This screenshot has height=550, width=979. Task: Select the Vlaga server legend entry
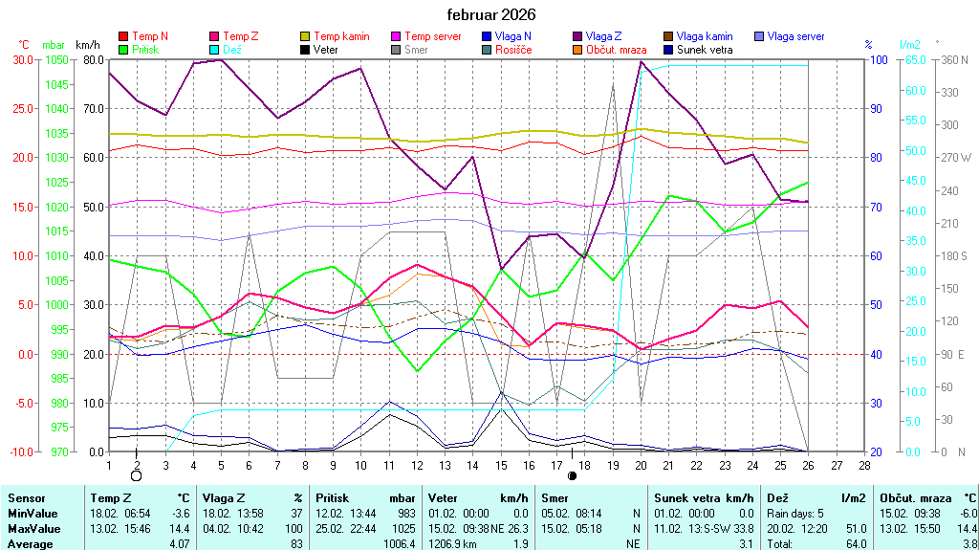[x=795, y=36]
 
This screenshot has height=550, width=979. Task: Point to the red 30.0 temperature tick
[x=21, y=59]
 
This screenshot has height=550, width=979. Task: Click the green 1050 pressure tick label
[x=55, y=59]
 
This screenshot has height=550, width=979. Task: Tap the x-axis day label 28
[x=864, y=465]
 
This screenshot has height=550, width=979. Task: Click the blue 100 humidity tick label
[x=876, y=59]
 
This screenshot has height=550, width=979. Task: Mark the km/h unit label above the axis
[x=87, y=45]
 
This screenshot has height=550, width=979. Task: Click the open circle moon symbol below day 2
[x=137, y=474]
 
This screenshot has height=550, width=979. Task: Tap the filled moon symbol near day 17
[x=572, y=474]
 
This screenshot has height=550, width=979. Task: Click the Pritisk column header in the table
[x=334, y=498]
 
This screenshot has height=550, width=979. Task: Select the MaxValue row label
[x=34, y=529]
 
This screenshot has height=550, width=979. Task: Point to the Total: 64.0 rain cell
[x=817, y=544]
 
